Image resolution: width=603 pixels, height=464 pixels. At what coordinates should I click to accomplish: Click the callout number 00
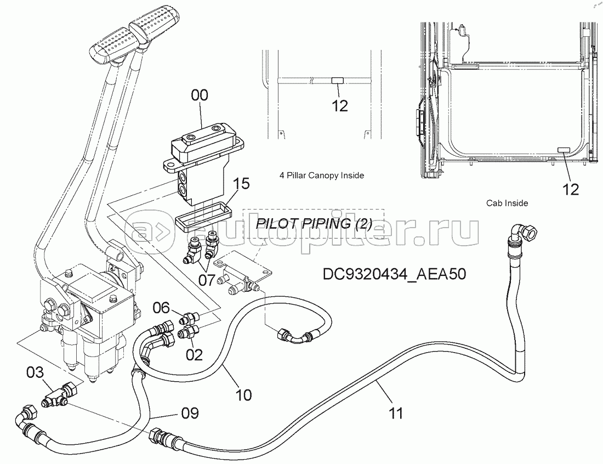click(200, 95)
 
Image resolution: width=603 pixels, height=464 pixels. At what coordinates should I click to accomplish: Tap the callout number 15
click(242, 184)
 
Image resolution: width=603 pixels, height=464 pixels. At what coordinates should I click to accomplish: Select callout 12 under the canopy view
click(340, 105)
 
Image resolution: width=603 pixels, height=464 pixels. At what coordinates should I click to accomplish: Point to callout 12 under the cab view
click(570, 189)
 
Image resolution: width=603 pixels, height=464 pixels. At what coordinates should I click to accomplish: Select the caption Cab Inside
click(507, 203)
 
